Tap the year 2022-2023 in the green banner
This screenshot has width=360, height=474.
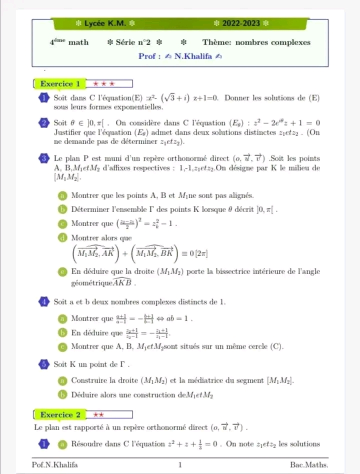[241, 23]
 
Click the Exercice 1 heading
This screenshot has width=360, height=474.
[60, 84]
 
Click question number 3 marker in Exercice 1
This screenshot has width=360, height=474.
[44, 158]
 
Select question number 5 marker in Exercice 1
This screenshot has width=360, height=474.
[44, 364]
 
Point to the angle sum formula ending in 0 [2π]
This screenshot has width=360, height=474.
[140, 253]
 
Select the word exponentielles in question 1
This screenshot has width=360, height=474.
[138, 107]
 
